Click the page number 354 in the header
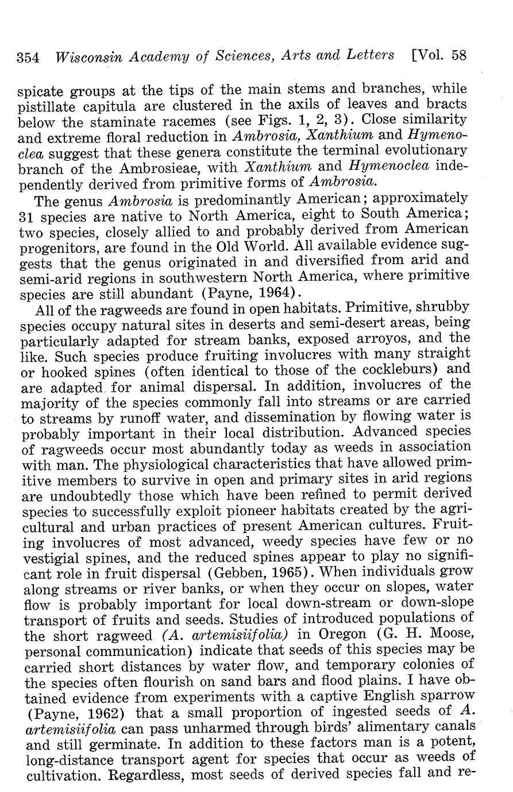[x=28, y=57]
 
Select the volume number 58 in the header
[x=458, y=55]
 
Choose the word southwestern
[x=195, y=277]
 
